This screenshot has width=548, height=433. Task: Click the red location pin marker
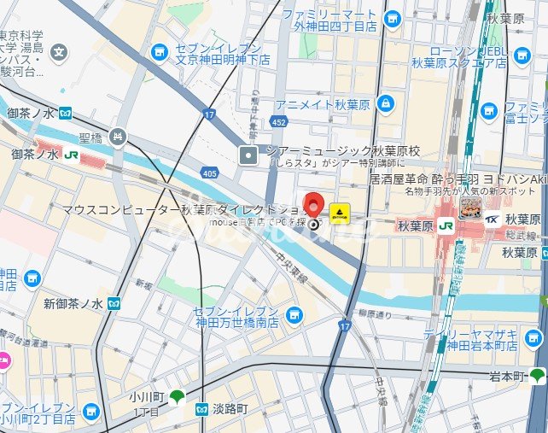click(x=314, y=208)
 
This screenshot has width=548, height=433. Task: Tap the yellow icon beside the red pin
click(x=340, y=212)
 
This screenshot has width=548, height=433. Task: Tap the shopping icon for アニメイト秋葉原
click(x=387, y=104)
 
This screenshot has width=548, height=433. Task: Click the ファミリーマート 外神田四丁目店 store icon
click(x=392, y=19)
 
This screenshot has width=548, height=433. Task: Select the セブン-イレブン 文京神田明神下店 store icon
click(x=159, y=53)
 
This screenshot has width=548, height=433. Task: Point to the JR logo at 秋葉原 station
click(x=446, y=226)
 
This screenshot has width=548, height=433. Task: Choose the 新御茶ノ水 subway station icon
click(x=114, y=303)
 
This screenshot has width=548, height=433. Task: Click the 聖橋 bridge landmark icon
click(x=118, y=136)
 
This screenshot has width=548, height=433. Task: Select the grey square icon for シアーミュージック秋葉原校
click(x=248, y=155)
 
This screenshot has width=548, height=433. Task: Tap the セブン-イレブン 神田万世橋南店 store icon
click(x=294, y=315)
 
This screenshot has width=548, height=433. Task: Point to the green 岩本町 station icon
click(x=537, y=376)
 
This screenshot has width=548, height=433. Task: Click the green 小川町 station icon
click(x=176, y=395)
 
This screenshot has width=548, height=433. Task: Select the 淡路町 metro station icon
click(x=202, y=409)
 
